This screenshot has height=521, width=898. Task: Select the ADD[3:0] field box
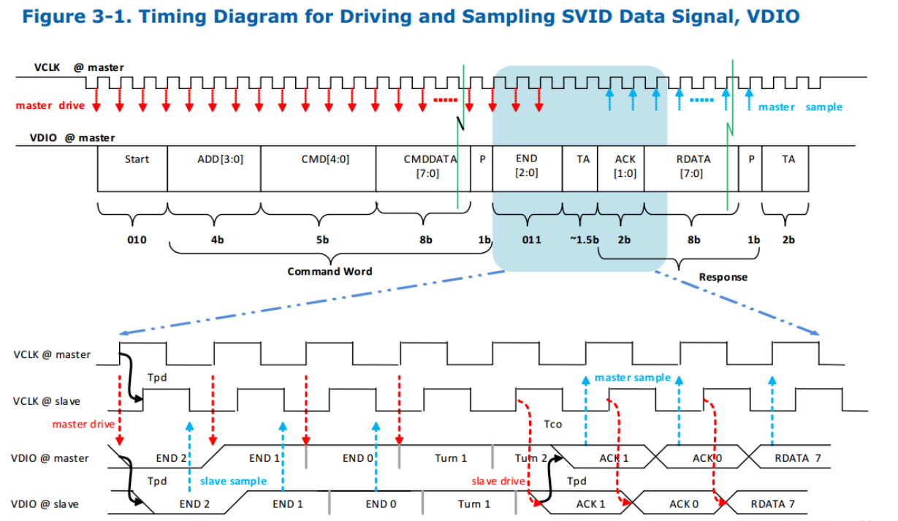tap(213, 168)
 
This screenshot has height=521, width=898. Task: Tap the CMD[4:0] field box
tap(318, 168)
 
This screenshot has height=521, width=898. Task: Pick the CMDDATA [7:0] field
tap(422, 168)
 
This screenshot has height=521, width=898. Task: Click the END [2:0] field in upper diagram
tap(526, 168)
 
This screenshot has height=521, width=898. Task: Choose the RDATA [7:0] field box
tap(691, 168)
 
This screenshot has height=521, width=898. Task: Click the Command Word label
tap(330, 271)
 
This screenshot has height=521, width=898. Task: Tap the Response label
tap(723, 277)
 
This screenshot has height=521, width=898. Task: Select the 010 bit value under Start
tap(137, 239)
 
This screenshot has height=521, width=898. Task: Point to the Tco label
tap(553, 424)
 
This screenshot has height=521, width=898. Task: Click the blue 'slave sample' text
tap(233, 481)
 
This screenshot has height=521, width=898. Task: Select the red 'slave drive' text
tap(498, 481)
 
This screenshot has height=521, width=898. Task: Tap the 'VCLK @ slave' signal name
tap(47, 400)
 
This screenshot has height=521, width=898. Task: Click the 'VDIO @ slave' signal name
tap(45, 504)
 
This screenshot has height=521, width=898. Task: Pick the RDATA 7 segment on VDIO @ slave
tap(772, 504)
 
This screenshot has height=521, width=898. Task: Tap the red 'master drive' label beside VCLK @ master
tap(50, 105)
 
